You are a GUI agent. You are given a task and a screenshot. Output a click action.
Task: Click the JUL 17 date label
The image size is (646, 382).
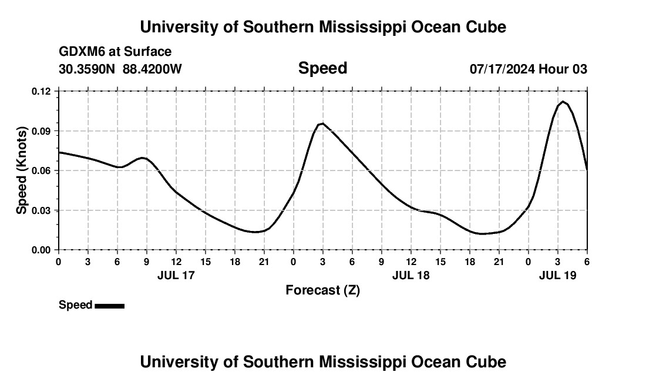pos(176,275)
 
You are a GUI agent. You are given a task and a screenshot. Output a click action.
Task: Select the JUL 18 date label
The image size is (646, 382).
pos(411,275)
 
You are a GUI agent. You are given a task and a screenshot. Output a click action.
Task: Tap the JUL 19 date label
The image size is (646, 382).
pos(558,275)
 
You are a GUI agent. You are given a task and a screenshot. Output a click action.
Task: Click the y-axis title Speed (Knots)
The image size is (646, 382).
pos(22,170)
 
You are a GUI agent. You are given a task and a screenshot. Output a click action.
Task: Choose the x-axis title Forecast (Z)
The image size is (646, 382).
pos(322,290)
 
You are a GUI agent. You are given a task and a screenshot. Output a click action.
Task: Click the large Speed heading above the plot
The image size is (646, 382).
pos(322,68)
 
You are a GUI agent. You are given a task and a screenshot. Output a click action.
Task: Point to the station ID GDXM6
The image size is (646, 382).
pos(82,52)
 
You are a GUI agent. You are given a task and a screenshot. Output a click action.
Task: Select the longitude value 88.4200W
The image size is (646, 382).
pos(153,69)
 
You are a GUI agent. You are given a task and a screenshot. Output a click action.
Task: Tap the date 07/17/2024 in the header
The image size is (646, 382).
pos(502,69)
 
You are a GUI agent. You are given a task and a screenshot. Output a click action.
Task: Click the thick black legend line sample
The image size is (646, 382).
pos(110,306)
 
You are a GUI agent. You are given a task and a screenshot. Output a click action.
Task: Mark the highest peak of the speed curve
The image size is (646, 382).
pos(563,102)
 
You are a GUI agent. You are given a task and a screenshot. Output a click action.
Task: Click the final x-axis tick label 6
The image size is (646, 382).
pos(587,262)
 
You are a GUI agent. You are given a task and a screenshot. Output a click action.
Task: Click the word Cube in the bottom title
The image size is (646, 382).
pos(485,362)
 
